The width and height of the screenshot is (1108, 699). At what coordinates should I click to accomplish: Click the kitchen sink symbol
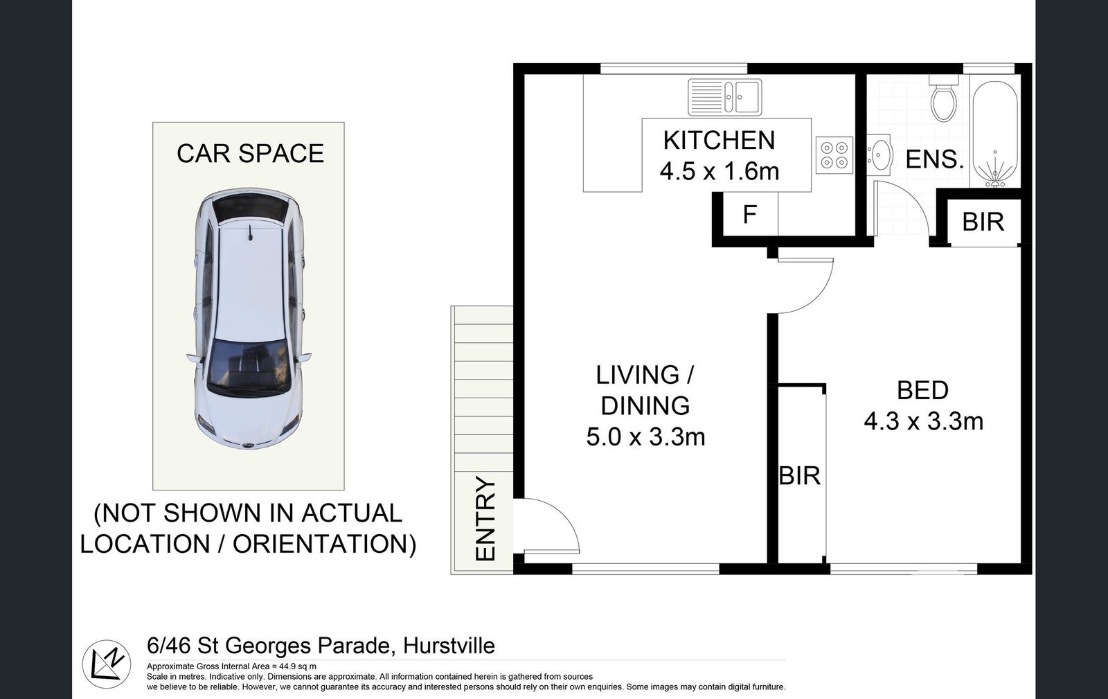click(724, 96)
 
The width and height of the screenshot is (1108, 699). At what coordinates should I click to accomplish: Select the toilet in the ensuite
click(942, 102)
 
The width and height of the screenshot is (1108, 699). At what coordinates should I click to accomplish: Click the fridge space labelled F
click(749, 215)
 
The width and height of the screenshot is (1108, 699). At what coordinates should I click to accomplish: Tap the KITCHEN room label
click(719, 141)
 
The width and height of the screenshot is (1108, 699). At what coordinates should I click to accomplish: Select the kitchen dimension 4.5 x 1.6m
click(719, 171)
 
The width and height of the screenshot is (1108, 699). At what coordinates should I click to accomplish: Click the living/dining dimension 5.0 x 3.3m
click(645, 437)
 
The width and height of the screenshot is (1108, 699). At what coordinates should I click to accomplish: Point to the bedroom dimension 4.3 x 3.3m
click(923, 421)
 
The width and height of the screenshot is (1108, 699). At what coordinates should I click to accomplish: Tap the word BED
click(922, 391)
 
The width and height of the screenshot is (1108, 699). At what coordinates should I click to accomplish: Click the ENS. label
click(935, 160)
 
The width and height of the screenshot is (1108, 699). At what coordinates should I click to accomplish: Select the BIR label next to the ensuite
click(983, 222)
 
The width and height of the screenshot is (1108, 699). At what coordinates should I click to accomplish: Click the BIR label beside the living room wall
click(800, 476)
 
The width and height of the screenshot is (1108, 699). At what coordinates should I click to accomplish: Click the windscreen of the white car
click(248, 368)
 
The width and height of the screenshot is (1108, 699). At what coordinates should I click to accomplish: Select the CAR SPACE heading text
click(250, 153)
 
